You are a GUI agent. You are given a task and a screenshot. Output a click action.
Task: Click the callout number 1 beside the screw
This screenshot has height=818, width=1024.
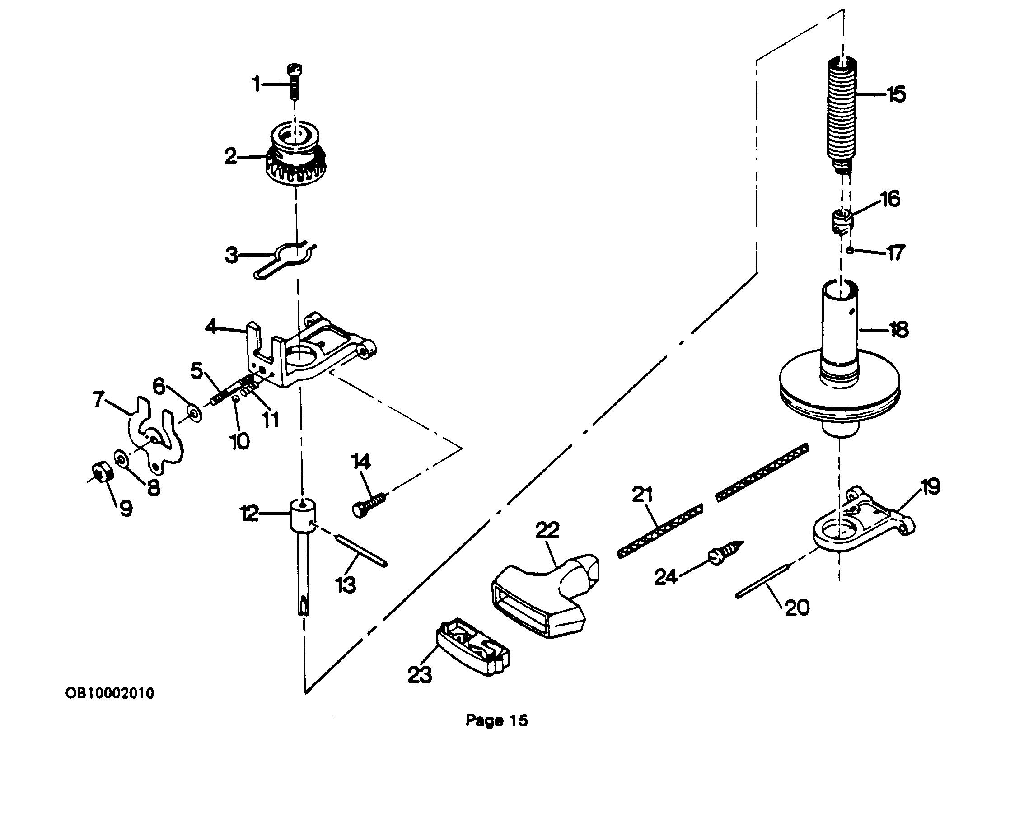[257, 85]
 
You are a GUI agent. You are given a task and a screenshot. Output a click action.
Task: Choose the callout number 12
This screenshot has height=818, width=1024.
[250, 514]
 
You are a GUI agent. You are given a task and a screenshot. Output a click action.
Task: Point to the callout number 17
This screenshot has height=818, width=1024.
[895, 252]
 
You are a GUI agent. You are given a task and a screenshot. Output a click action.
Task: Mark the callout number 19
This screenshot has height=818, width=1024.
[930, 487]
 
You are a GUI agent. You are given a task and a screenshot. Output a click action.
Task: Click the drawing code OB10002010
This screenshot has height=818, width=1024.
[110, 693]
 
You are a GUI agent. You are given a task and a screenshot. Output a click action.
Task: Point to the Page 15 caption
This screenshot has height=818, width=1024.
[496, 720]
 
